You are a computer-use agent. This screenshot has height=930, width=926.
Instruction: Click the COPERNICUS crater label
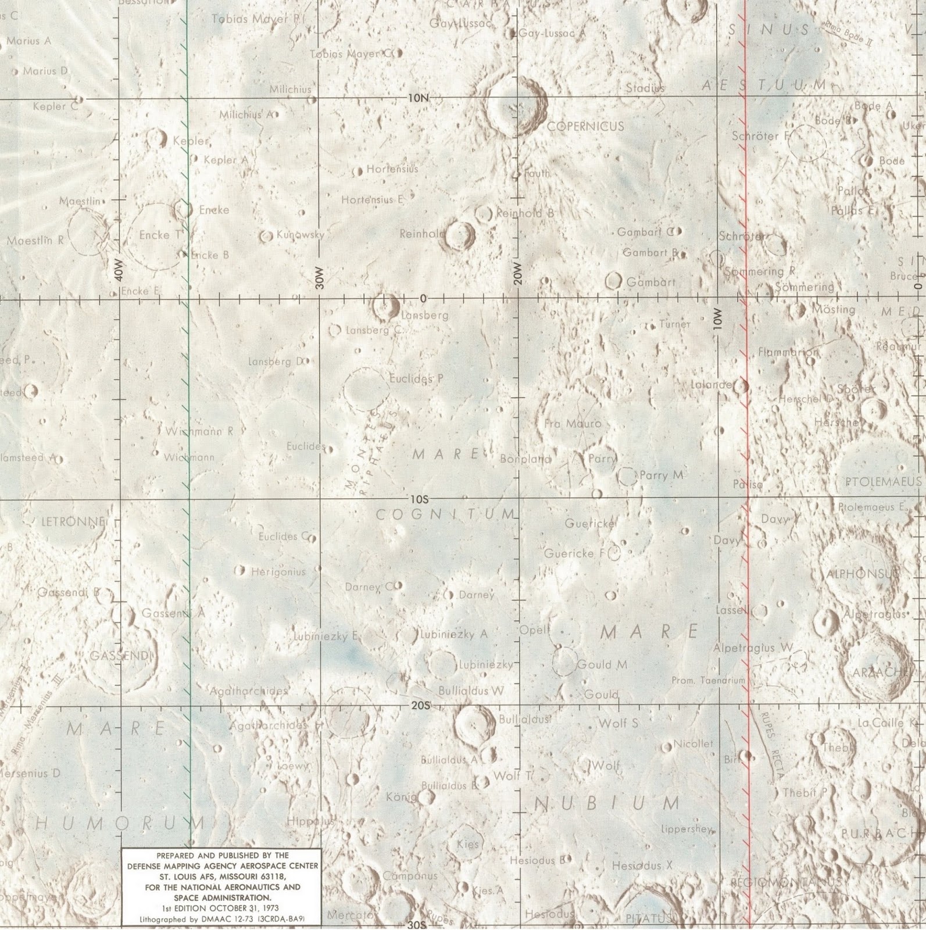point(585,126)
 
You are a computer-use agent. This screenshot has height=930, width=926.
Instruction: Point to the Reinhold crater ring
point(459,235)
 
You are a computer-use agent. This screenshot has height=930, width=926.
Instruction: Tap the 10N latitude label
point(417,98)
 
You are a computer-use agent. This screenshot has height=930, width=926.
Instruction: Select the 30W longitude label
point(317,278)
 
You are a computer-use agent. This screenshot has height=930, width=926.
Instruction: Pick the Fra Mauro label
point(573,424)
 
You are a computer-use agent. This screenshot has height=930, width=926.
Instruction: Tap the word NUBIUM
point(606,804)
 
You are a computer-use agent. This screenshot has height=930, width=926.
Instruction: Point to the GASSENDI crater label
point(120,656)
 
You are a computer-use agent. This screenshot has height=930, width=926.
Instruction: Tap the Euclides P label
point(416,378)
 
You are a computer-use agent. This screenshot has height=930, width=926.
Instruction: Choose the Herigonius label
point(278,572)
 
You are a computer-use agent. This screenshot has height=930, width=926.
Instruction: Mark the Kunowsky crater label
point(300,235)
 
